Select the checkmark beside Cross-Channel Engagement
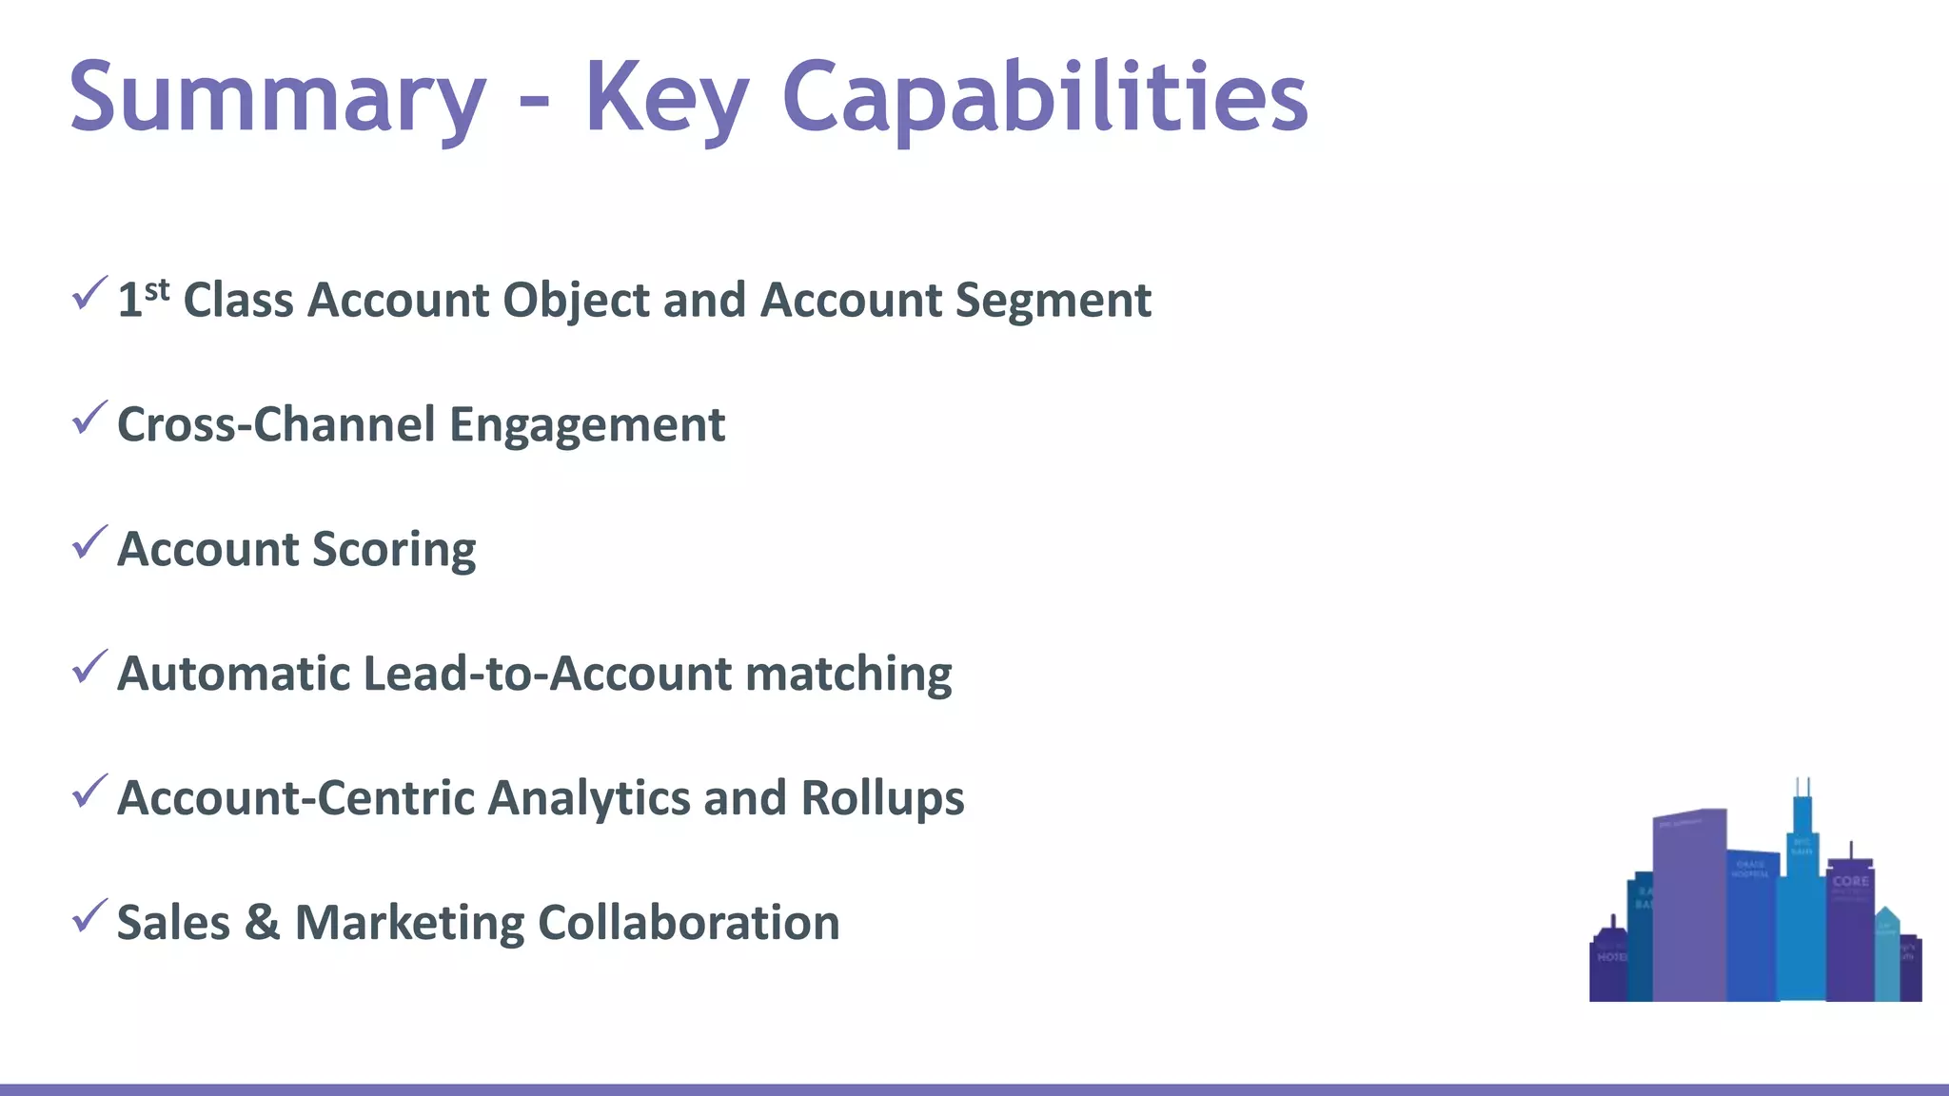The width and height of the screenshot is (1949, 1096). click(89, 419)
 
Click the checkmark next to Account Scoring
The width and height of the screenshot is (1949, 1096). click(89, 543)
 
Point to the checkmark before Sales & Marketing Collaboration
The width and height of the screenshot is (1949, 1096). click(89, 916)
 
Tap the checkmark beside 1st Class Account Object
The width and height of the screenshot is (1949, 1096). click(89, 294)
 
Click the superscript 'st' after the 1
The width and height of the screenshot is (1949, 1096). click(157, 289)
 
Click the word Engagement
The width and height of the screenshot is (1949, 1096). click(586, 425)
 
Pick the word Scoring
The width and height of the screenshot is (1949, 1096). click(394, 550)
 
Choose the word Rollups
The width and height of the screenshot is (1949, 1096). click(882, 798)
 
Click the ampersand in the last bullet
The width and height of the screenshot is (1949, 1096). click(262, 923)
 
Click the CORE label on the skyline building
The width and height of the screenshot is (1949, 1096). click(1850, 881)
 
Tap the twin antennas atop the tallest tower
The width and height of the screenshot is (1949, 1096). click(1802, 788)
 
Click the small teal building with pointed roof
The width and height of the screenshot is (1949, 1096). click(1887, 951)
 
